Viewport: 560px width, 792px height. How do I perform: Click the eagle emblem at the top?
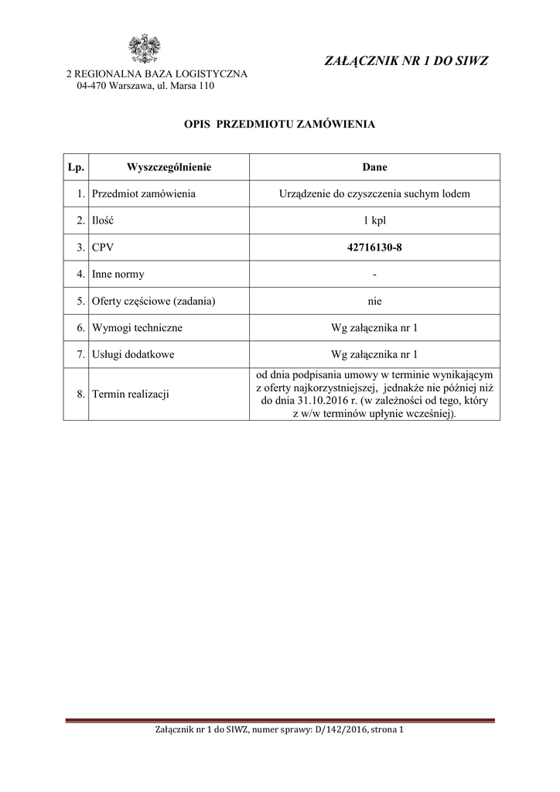(x=143, y=48)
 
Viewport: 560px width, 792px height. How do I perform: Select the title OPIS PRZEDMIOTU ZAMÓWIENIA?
(x=279, y=124)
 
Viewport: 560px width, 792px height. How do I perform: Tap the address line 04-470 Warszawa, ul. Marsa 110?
(x=145, y=86)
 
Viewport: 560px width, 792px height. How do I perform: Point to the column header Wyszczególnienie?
(x=169, y=167)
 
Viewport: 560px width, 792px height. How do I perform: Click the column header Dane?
(x=374, y=167)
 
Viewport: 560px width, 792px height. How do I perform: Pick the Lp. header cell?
(x=76, y=167)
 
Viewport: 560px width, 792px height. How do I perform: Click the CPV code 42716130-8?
(x=374, y=247)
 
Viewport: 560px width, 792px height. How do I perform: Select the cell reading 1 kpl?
(x=374, y=220)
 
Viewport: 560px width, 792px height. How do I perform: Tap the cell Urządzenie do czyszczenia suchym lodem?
(x=374, y=193)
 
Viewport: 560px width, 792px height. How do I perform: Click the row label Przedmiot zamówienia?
(x=143, y=193)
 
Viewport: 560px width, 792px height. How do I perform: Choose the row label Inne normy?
(x=118, y=274)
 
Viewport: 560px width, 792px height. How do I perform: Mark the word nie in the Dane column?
(x=374, y=301)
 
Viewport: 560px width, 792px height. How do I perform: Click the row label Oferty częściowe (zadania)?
(x=153, y=301)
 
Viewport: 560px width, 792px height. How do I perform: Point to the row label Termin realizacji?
(x=130, y=394)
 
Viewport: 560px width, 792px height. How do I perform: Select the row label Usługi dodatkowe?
(x=133, y=354)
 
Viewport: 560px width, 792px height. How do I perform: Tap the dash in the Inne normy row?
(x=374, y=275)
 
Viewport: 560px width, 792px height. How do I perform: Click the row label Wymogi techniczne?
(x=137, y=328)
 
